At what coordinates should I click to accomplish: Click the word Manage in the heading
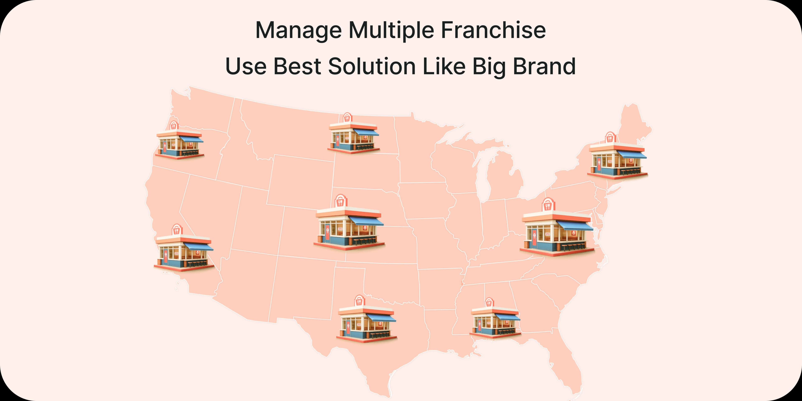point(298,30)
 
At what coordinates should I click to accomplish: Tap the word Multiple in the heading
point(391,30)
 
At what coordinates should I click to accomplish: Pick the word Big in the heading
point(489,67)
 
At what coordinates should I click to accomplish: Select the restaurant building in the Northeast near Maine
point(617,158)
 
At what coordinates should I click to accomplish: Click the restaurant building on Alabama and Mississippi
point(495,321)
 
